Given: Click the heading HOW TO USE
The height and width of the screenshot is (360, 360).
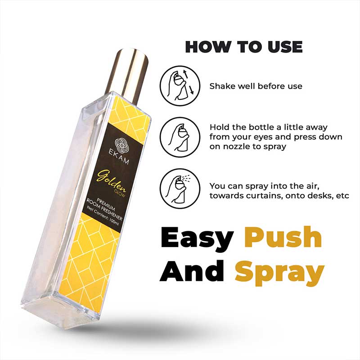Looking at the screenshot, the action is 244,47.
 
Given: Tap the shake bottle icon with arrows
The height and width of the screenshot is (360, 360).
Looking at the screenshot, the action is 180,86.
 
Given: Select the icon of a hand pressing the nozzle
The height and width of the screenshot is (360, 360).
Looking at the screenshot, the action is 180,138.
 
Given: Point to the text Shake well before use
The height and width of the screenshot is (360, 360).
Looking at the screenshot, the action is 256,86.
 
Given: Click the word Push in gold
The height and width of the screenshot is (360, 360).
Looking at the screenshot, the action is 283,237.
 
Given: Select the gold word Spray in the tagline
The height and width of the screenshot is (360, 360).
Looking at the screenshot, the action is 279,272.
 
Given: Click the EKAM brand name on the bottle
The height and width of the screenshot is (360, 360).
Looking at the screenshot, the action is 118,157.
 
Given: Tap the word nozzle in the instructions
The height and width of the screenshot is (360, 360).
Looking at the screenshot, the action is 234,147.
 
